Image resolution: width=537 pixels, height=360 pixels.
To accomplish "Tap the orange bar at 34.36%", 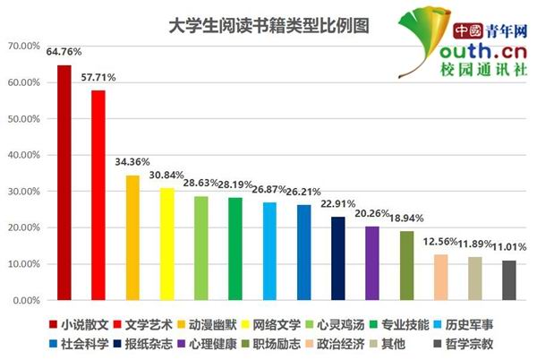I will (132, 238).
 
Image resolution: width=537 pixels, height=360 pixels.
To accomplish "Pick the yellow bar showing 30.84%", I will (166, 244).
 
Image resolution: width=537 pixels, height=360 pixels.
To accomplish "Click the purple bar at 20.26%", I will (372, 263).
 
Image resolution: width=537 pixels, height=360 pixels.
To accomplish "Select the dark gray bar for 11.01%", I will (509, 280).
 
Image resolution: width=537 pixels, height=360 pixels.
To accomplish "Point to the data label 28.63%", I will (200, 184).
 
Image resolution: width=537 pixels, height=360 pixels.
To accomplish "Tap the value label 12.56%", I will (440, 242).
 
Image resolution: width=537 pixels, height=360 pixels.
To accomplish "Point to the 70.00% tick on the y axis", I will (23, 46).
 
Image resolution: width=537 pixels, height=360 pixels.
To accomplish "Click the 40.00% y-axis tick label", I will (23, 155).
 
